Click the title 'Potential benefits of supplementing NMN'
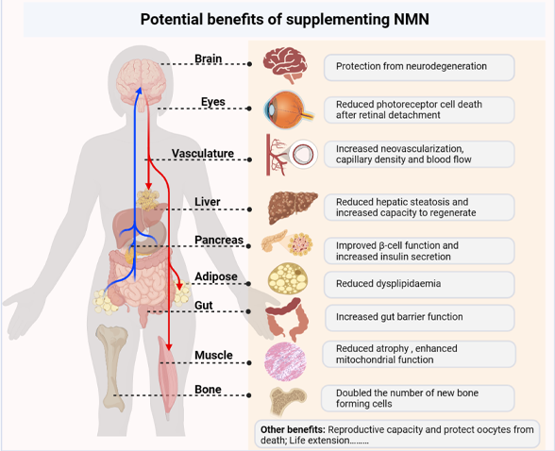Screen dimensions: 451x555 (x=277, y=19)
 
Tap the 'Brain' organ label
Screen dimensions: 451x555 (x=208, y=59)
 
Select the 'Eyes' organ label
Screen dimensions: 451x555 (x=212, y=102)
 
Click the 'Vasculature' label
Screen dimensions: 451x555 (x=202, y=154)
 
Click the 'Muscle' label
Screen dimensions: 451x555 (x=213, y=356)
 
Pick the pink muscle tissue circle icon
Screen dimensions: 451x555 (x=287, y=359)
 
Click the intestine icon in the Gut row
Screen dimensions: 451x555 (x=287, y=318)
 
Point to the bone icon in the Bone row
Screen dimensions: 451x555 (x=286, y=400)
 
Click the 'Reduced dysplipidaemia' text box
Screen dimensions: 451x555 (x=419, y=283)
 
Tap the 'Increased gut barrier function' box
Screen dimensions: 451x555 (x=419, y=317)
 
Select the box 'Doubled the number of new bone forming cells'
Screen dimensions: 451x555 (x=419, y=397)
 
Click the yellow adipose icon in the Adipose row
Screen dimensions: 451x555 (x=287, y=279)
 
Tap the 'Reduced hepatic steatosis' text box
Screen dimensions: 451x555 (x=419, y=207)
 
